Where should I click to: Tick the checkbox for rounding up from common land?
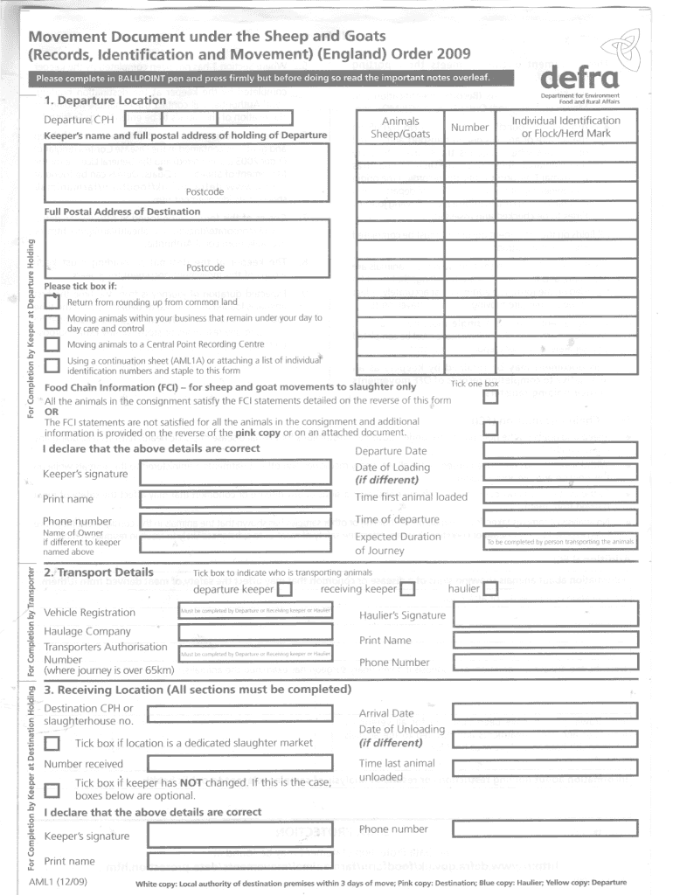[52, 302]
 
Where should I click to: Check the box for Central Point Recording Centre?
[52, 344]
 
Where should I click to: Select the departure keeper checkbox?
[286, 589]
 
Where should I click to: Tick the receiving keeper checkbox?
[407, 589]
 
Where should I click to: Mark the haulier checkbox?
[490, 589]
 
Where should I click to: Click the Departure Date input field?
[559, 451]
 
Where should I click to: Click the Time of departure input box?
[559, 519]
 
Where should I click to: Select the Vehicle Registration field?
[255, 611]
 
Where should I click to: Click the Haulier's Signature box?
[546, 614]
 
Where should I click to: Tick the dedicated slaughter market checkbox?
[52, 744]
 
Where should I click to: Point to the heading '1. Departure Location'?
[105, 101]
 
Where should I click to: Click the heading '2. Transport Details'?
[99, 572]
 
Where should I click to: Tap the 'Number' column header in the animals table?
[469, 128]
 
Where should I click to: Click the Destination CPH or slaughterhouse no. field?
[239, 714]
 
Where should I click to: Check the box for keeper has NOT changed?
[52, 791]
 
